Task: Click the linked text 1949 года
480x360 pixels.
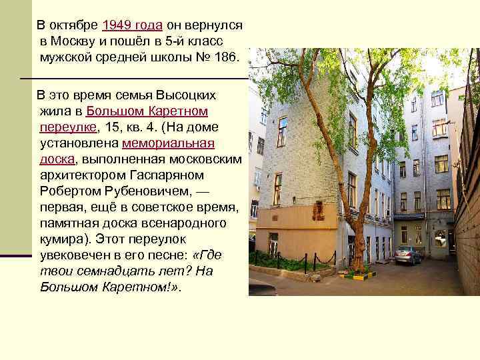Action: tap(132, 25)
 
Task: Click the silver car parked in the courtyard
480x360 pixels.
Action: tap(407, 254)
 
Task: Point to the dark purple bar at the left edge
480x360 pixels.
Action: tap(16, 255)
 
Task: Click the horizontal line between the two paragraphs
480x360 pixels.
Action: tap(133, 79)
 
